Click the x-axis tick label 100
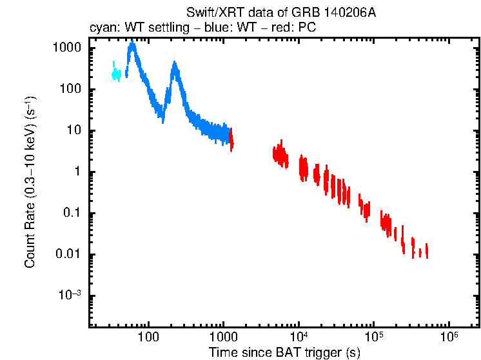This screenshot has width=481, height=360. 148,337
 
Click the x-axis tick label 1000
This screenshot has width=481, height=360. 223,337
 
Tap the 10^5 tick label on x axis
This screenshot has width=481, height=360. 373,336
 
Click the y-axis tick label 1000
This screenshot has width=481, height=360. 66,48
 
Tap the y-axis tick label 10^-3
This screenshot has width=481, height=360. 70,295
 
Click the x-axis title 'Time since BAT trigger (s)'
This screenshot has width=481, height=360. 284,352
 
